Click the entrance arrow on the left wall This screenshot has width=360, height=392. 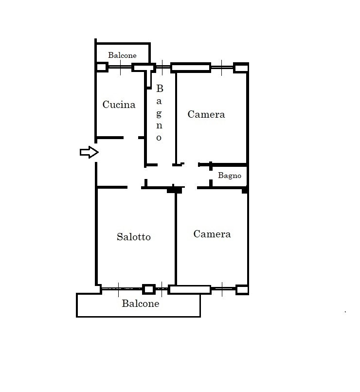[x=89, y=152]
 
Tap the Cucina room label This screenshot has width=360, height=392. [x=119, y=105]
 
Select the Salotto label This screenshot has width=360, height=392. [x=134, y=237]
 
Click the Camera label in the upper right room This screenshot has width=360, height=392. [x=206, y=114]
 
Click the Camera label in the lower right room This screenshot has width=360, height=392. [x=212, y=234]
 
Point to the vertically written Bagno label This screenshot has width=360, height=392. [x=159, y=113]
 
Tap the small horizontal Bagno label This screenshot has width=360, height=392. [x=230, y=176]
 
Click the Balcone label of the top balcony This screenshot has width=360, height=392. [x=122, y=55]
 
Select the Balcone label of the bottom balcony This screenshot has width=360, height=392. [x=141, y=303]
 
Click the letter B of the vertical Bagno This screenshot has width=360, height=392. [x=160, y=88]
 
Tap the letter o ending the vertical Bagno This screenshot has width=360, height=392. [x=159, y=138]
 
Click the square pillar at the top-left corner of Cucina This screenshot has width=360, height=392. [x=102, y=67]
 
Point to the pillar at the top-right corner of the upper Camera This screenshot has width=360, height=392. [x=241, y=68]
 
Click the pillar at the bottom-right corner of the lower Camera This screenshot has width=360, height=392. [x=242, y=290]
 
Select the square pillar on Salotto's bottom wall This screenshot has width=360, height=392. [x=149, y=289]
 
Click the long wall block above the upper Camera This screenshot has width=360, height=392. [x=191, y=68]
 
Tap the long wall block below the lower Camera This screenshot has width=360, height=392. [x=190, y=289]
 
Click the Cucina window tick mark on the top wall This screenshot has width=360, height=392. [x=120, y=68]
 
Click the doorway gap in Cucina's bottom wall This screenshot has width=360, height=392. [x=131, y=138]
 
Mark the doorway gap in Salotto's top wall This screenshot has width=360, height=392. [x=134, y=187]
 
